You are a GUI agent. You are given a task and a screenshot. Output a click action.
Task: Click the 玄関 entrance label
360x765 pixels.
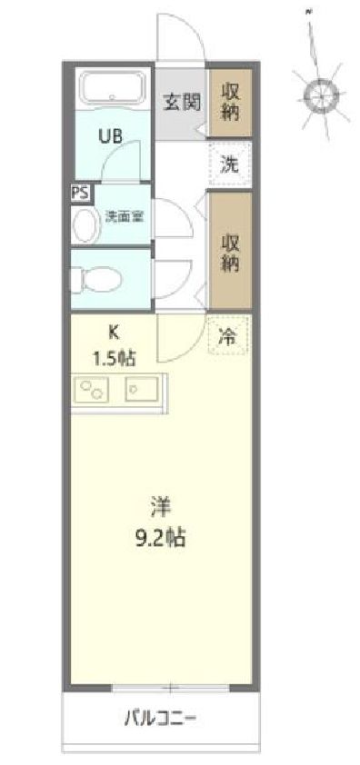click(x=181, y=102)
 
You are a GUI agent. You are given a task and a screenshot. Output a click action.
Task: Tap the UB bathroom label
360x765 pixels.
click(x=111, y=137)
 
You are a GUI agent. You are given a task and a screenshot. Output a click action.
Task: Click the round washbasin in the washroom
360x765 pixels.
click(x=85, y=224)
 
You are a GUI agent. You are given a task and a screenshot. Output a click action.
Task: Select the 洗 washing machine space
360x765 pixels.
click(x=230, y=165)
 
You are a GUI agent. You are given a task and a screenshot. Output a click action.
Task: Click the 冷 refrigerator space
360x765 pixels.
click(x=228, y=335)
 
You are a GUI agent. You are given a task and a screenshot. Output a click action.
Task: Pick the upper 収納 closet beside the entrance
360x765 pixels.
click(x=230, y=101)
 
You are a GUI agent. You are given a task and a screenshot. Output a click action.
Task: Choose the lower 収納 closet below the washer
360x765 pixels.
click(x=230, y=250)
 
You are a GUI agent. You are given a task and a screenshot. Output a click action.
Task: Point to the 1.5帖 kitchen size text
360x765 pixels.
click(x=114, y=357)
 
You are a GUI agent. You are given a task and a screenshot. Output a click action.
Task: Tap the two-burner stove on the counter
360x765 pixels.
click(x=93, y=391)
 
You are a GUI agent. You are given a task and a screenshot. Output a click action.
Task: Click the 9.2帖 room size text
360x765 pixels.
click(x=162, y=537)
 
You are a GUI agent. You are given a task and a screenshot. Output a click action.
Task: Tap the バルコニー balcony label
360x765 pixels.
click(x=161, y=722)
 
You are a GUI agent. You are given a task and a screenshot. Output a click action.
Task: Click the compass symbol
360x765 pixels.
click(x=319, y=92)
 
